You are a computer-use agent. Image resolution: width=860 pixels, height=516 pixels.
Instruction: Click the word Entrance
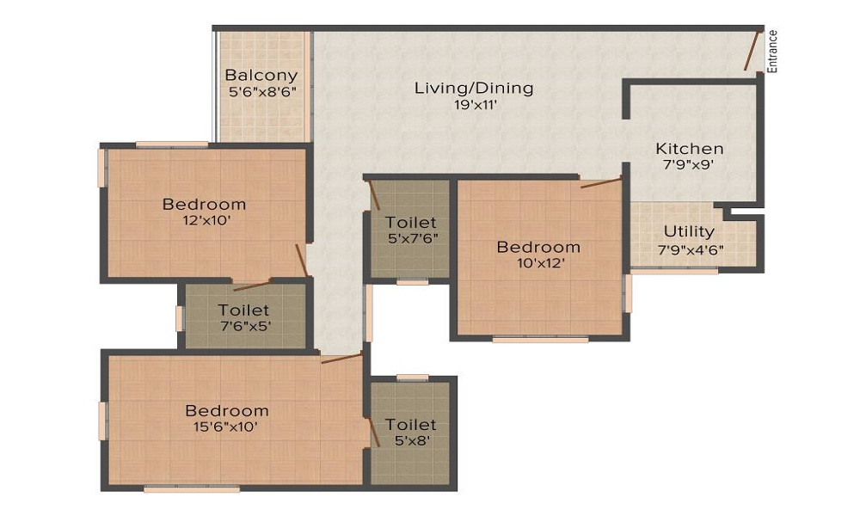772,52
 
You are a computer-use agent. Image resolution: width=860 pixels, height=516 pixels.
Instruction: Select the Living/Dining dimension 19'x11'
475,105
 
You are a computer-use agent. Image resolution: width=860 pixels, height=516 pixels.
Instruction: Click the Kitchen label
690,149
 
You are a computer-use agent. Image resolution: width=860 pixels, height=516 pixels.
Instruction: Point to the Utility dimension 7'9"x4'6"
691,250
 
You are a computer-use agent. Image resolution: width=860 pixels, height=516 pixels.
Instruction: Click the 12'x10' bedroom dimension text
206,220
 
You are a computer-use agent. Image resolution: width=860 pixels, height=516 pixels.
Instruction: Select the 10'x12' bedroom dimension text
541,263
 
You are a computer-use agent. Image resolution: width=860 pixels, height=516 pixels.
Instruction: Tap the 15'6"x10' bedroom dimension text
225,427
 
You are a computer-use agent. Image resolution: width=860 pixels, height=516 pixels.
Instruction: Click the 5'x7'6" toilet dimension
412,238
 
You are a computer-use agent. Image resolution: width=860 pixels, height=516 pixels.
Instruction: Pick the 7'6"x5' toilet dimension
245,326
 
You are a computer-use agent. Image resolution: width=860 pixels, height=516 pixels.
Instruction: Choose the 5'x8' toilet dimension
412,440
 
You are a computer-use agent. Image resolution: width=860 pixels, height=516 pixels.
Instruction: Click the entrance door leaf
752,51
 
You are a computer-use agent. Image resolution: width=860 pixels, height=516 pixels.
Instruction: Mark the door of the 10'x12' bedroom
601,182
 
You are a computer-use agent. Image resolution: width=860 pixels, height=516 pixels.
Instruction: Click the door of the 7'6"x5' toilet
252,286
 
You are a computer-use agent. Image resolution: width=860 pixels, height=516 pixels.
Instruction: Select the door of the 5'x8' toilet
374,432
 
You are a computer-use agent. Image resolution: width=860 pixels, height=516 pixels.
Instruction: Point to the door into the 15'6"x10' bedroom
341,359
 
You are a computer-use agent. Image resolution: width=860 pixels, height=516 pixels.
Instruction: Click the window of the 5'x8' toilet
413,378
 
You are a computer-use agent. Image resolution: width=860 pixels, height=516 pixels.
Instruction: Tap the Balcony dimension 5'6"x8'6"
262,91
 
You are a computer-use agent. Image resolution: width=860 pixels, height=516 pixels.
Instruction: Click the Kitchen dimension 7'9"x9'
689,164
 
